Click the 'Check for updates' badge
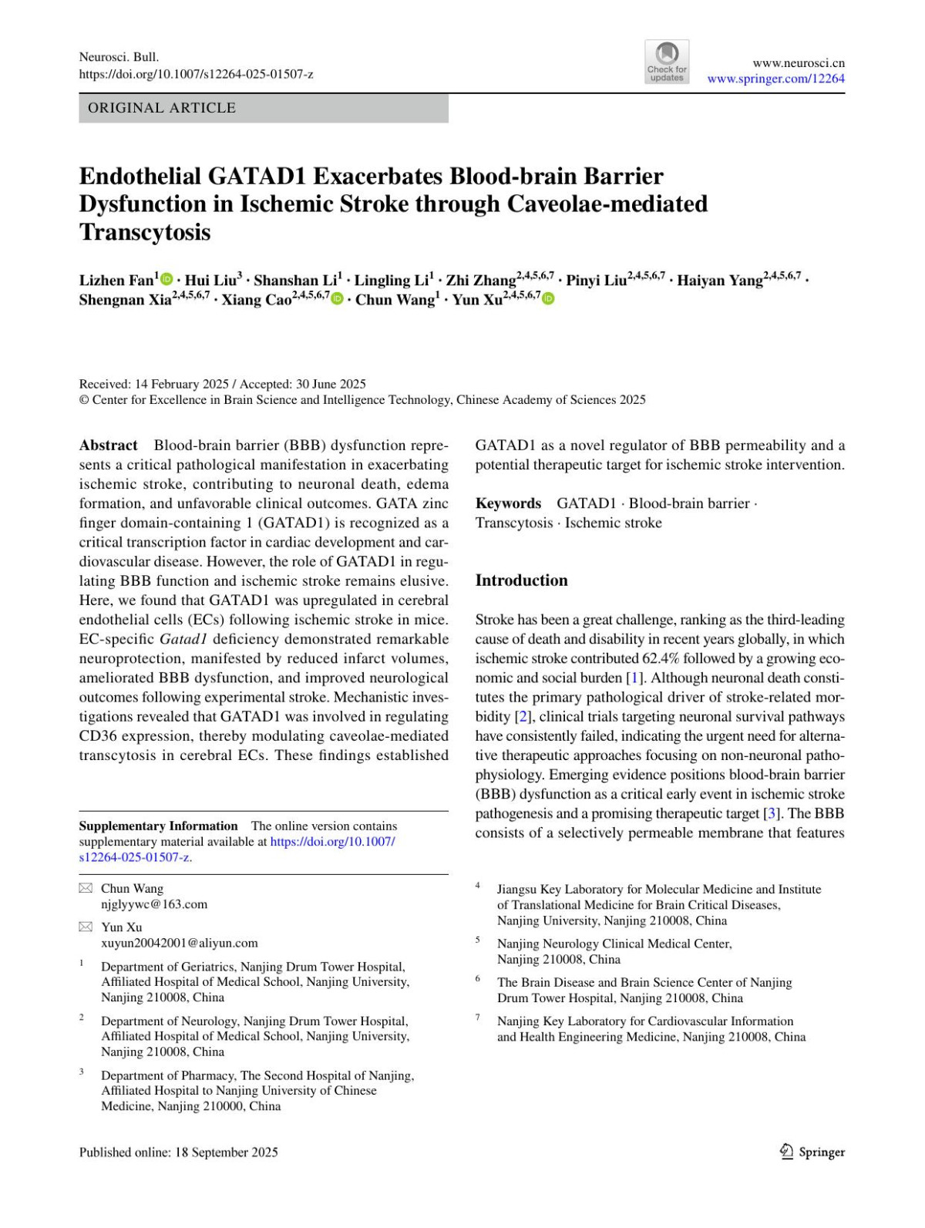coord(667,62)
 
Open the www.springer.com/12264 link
coord(775,79)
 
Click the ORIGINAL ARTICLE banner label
coord(162,108)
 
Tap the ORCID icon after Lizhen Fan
coord(167,279)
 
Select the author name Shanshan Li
coord(295,281)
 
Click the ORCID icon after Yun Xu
coord(548,298)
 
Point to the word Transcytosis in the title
coord(144,232)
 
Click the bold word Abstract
coord(108,446)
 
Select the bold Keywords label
coord(508,503)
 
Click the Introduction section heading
coord(521,580)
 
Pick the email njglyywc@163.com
coord(154,904)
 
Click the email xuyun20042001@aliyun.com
coord(180,943)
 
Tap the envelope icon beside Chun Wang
coord(86,889)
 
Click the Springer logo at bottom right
coord(812,1152)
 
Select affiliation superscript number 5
coord(478,940)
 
